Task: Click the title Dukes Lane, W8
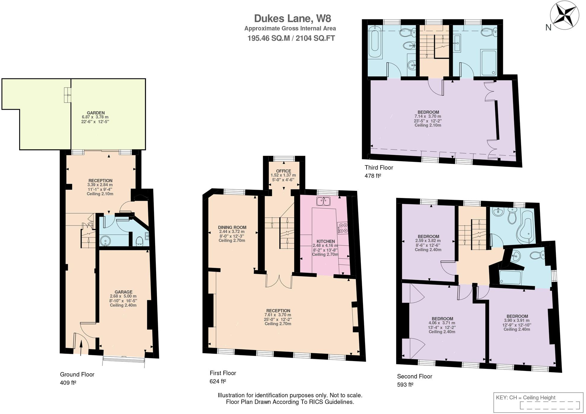(x=292, y=19)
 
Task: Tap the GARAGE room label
(x=123, y=292)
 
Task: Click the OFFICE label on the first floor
(x=283, y=171)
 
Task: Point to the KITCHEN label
(x=326, y=241)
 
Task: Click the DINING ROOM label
(x=232, y=227)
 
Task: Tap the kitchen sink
(x=323, y=201)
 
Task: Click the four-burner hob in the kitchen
(x=342, y=228)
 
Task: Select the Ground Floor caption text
(x=77, y=374)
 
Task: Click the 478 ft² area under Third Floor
(x=373, y=176)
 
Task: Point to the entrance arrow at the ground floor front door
(x=81, y=349)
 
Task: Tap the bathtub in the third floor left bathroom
(x=375, y=42)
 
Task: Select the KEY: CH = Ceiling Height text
(x=525, y=398)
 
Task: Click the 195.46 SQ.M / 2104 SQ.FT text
(x=291, y=38)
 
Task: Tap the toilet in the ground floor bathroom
(x=139, y=241)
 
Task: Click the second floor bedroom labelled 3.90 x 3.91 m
(x=517, y=316)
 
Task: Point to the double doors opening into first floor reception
(x=279, y=282)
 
